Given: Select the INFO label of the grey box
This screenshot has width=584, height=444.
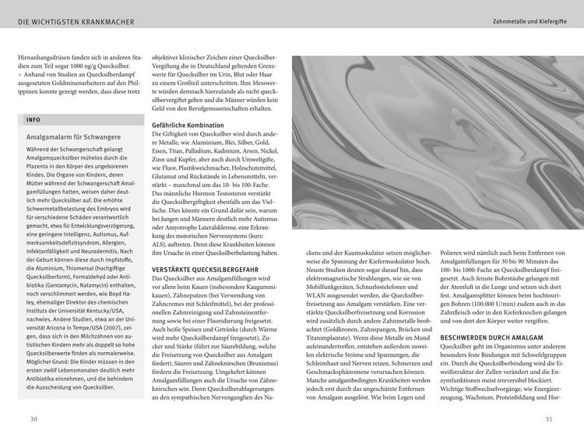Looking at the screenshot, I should point(33,120).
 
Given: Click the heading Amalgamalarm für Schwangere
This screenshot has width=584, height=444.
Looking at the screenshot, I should point(70,136).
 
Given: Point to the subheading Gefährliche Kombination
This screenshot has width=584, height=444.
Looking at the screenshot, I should point(188,125).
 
